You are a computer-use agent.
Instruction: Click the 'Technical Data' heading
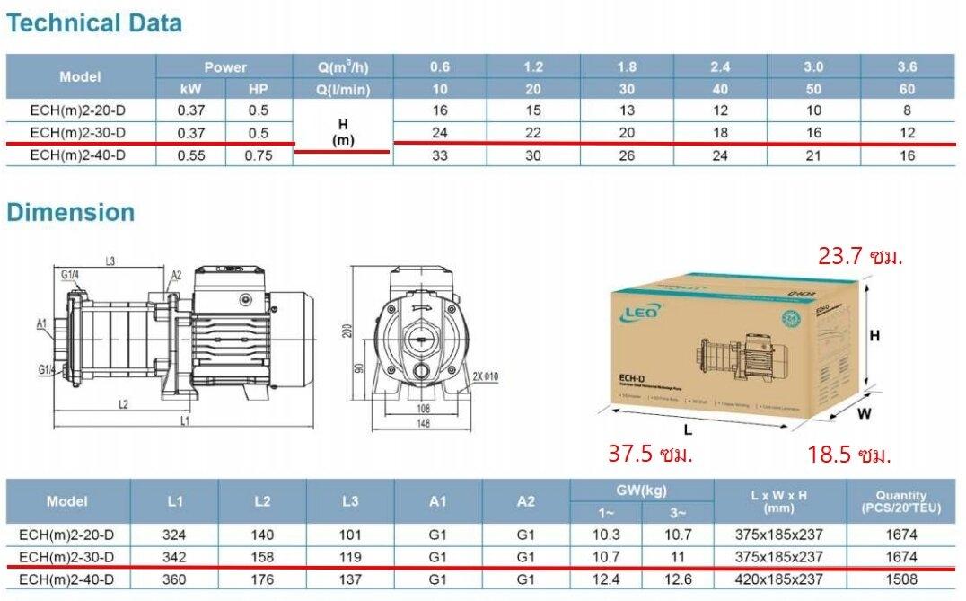pyautogui.click(x=94, y=23)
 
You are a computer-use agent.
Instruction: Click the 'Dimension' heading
pyautogui.click(x=71, y=213)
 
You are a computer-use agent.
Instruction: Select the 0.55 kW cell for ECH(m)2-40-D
pyautogui.click(x=190, y=155)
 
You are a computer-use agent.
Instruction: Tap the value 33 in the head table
pyautogui.click(x=440, y=155)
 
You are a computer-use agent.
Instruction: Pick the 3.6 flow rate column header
pyautogui.click(x=907, y=66)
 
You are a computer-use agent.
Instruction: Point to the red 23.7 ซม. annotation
pyautogui.click(x=860, y=256)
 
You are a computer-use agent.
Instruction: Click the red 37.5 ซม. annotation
pyautogui.click(x=650, y=454)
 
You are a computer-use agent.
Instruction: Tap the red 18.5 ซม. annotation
pyautogui.click(x=849, y=455)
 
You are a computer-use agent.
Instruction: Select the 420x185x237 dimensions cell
pyautogui.click(x=777, y=579)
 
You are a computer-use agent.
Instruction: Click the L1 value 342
pyautogui.click(x=174, y=557)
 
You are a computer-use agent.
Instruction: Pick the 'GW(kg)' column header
pyautogui.click(x=641, y=491)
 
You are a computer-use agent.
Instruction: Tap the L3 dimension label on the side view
pyautogui.click(x=110, y=261)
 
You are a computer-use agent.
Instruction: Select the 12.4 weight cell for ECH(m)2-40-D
pyautogui.click(x=606, y=579)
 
